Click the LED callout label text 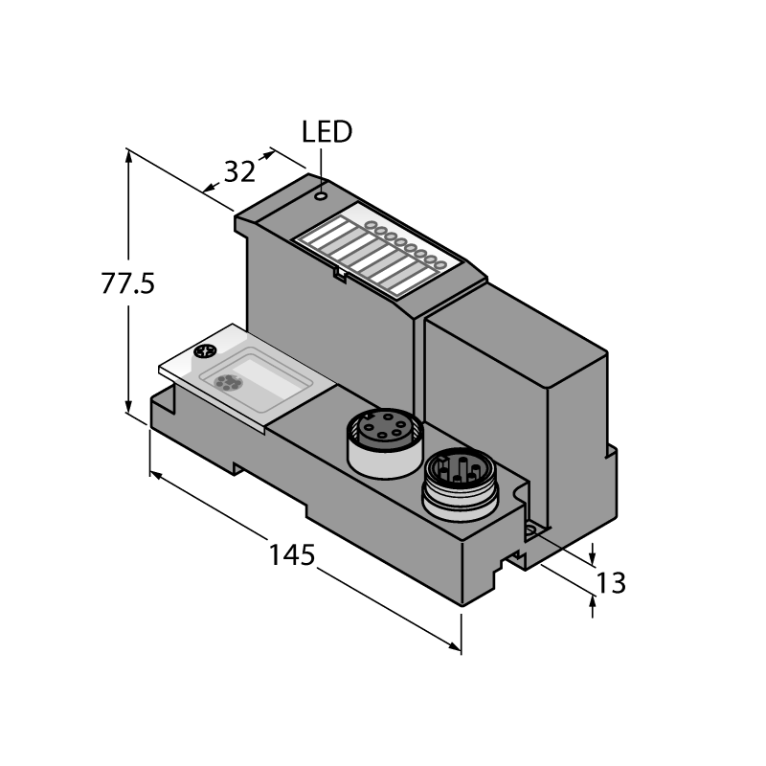tap(327, 132)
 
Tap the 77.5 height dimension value tap(127, 283)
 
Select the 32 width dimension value tap(239, 171)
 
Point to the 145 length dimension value tap(292, 554)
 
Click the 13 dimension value tap(611, 583)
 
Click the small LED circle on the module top tap(321, 196)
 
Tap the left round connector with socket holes tap(385, 443)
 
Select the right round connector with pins tap(461, 484)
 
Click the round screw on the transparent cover tap(205, 350)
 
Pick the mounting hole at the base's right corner tap(532, 530)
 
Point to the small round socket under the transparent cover tap(227, 382)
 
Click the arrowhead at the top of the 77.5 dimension tap(128, 156)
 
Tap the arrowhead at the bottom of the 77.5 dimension tap(128, 405)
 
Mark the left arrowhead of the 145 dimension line tap(156, 474)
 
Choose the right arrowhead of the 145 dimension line tap(454, 647)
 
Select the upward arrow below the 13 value tap(593, 607)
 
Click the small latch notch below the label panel tap(340, 275)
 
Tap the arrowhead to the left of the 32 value tap(211, 188)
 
